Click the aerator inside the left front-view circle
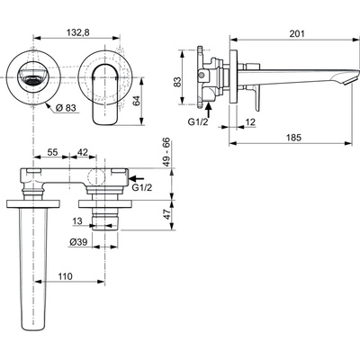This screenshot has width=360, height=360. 38,78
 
